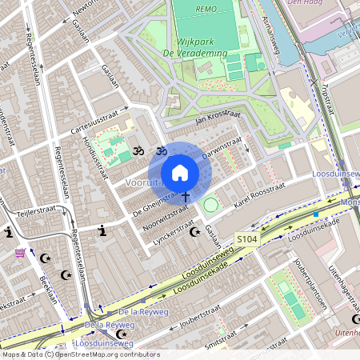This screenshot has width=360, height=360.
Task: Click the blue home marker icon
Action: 180,173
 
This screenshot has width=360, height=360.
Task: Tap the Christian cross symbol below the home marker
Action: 186,195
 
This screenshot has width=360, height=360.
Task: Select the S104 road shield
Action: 247,239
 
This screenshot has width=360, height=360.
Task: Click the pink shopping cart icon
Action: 20,254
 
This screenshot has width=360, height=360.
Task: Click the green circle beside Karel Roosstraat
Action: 210,206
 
